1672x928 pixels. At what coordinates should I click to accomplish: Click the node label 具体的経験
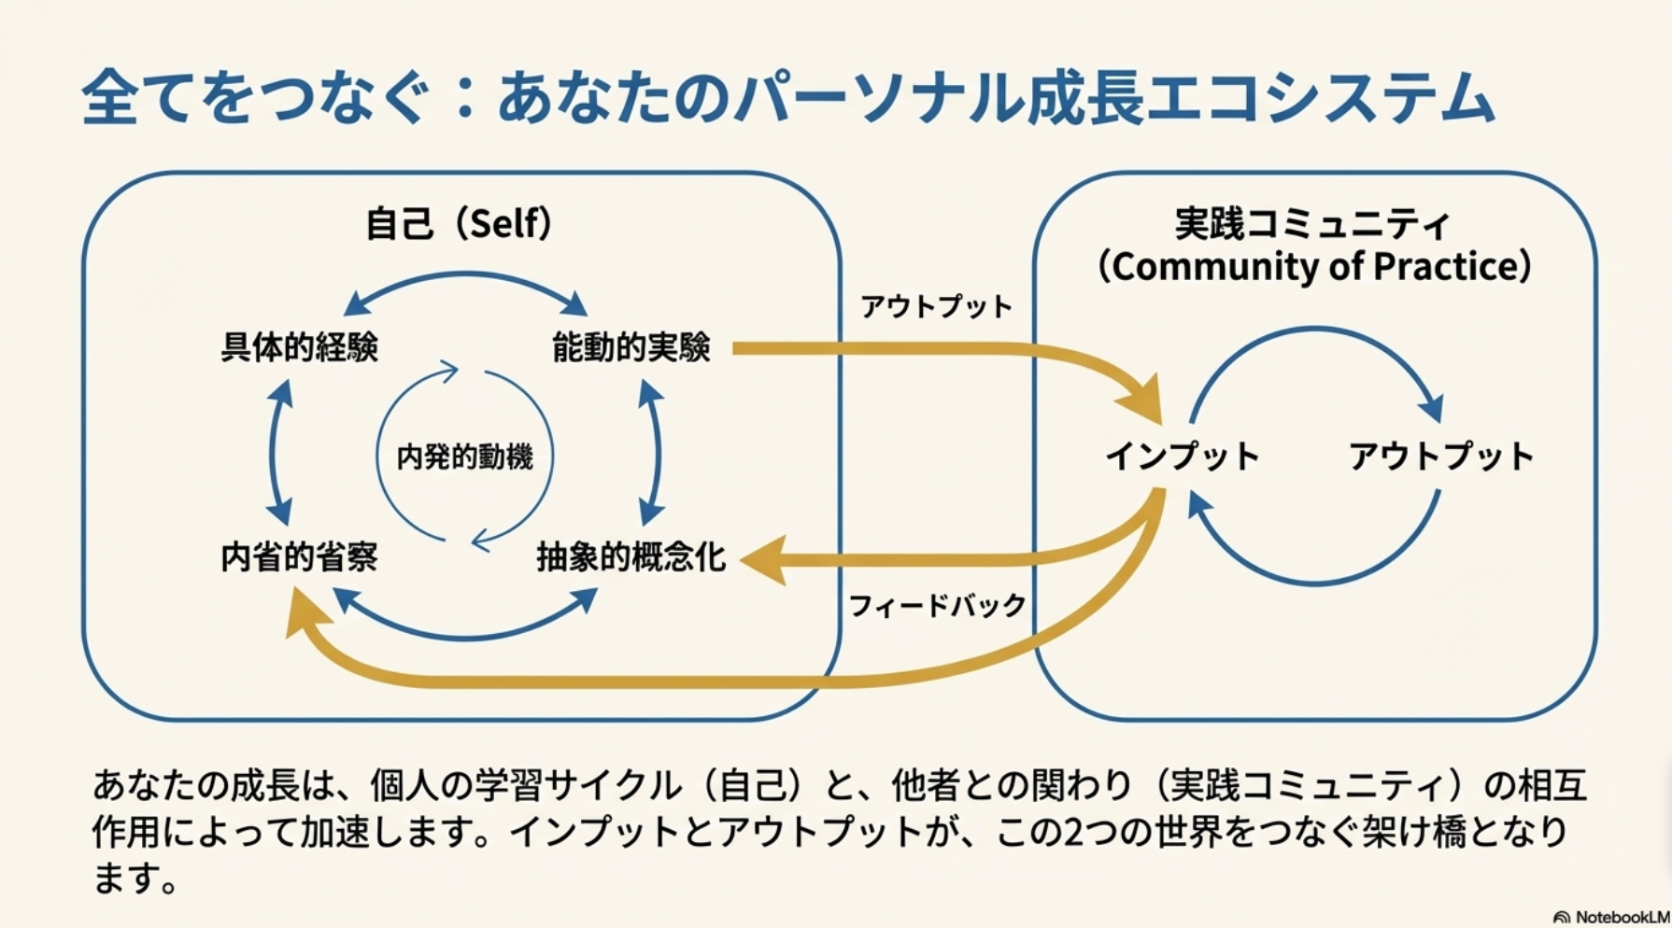[299, 347]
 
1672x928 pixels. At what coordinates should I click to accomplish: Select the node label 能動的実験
[631, 347]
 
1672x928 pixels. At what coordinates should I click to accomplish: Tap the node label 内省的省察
[299, 557]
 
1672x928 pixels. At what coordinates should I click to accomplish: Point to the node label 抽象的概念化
[631, 557]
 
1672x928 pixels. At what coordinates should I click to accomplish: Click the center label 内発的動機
[464, 457]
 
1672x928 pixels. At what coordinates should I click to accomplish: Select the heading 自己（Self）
[459, 224]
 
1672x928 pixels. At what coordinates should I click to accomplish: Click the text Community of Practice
[1314, 267]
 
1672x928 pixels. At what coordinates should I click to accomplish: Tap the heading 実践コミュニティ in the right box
[1312, 224]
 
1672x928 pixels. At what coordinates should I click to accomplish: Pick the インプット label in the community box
[1183, 457]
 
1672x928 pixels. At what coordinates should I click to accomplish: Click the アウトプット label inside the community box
[1440, 457]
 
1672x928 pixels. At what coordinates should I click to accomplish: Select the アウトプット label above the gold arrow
[936, 306]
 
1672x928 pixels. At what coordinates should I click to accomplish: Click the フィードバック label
[937, 606]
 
